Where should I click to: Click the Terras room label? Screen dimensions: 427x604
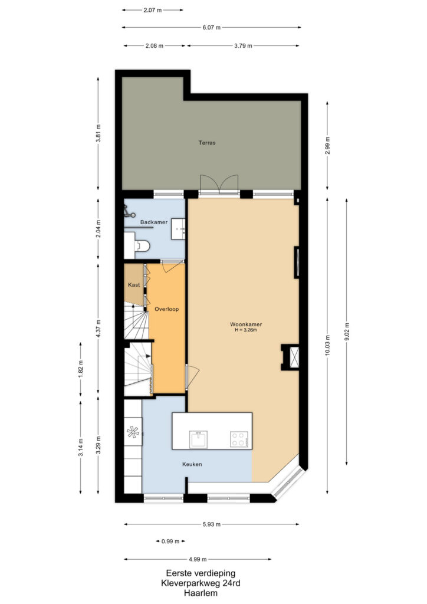(x=207, y=143)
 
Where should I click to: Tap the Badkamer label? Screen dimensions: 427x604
(x=153, y=222)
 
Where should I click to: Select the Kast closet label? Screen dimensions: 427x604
(x=134, y=285)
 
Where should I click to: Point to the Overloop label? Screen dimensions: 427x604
(x=167, y=309)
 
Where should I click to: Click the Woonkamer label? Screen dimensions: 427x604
(x=246, y=324)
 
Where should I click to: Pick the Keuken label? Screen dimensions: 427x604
(x=192, y=464)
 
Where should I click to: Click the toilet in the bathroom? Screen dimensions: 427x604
(x=142, y=245)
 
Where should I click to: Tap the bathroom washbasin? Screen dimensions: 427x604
(x=178, y=229)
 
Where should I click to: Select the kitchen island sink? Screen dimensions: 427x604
(x=198, y=439)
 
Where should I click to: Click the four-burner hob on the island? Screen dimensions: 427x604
(x=239, y=439)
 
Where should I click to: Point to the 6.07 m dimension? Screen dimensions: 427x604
(x=212, y=27)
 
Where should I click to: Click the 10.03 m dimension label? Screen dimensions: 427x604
(x=328, y=346)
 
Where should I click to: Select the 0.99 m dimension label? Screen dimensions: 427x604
(x=170, y=541)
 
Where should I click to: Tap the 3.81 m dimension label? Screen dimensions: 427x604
(x=98, y=133)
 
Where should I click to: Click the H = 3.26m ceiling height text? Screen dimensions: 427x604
(x=246, y=330)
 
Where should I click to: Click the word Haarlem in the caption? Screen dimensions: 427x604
(x=201, y=593)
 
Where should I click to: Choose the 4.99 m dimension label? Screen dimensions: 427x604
(x=198, y=559)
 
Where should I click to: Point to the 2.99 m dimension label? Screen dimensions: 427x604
(x=328, y=146)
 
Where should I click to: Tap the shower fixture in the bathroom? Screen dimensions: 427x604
(x=129, y=212)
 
